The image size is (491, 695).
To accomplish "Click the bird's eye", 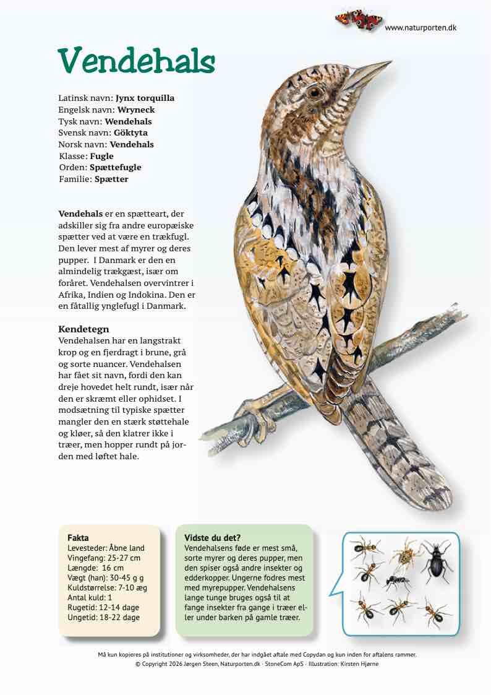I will coord(316,93).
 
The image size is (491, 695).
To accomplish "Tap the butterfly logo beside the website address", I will coord(359,20).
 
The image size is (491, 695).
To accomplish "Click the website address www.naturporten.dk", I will coord(421,28).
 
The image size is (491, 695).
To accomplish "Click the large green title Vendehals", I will coord(137,61).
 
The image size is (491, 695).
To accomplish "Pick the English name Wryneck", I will coord(136,110).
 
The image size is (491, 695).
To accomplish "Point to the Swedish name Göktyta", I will coord(130,132).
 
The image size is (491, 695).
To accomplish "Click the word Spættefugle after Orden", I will coord(116,167).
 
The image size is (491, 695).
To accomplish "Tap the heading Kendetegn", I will coord(83,329).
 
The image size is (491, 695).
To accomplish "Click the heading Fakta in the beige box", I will coord(78,538).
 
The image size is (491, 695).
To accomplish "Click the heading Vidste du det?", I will coord(212,538).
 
